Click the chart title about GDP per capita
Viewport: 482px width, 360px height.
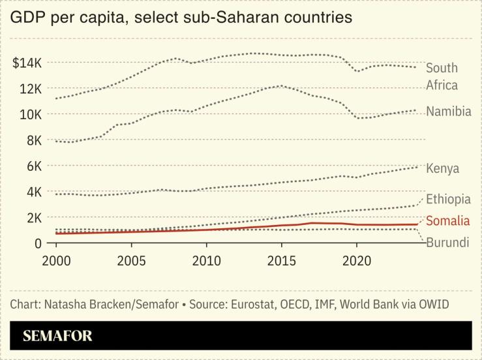click(181, 18)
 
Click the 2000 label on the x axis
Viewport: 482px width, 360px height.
click(57, 259)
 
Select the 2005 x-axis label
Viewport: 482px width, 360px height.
click(132, 259)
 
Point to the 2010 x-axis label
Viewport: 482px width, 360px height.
click(207, 259)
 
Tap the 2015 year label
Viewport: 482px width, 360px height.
click(282, 259)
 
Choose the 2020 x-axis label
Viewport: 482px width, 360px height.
click(357, 259)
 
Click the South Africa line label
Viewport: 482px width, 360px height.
click(442, 76)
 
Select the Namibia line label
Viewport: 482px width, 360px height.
click(448, 112)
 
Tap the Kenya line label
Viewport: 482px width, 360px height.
click(442, 169)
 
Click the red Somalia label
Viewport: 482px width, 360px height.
click(447, 221)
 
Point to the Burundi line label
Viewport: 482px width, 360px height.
click(447, 243)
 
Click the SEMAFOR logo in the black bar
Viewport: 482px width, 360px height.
click(57, 337)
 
